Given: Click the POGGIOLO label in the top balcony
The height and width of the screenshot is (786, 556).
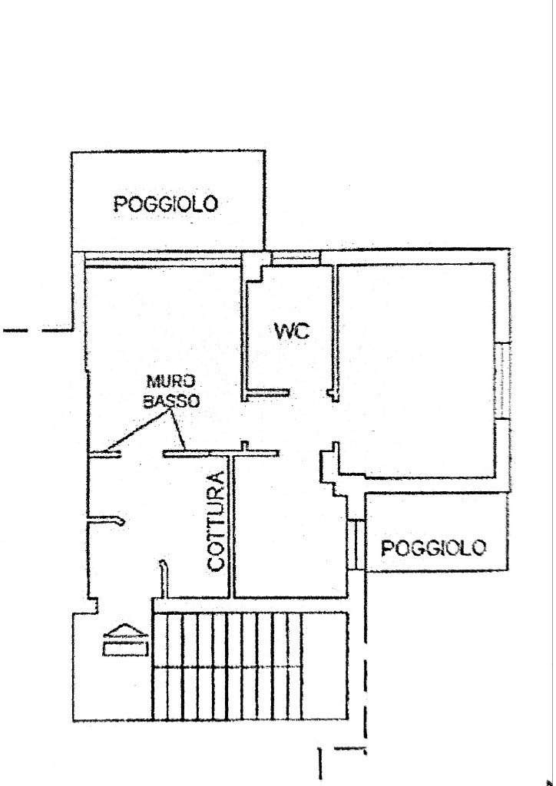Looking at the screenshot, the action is [x=166, y=203].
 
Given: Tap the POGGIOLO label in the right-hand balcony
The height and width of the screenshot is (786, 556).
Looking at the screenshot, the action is [x=434, y=548].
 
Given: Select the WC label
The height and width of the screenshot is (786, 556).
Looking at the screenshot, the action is [x=293, y=332].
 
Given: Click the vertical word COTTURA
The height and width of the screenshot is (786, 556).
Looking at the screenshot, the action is [x=216, y=520].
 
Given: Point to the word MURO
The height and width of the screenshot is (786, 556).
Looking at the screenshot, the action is [x=170, y=382].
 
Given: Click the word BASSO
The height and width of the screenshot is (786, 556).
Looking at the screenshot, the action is [x=172, y=401].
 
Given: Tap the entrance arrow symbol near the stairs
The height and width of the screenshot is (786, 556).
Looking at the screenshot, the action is [x=125, y=639].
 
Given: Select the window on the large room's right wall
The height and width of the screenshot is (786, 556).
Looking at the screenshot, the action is [x=503, y=381].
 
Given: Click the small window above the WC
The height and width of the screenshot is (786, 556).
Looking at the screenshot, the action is [x=296, y=258].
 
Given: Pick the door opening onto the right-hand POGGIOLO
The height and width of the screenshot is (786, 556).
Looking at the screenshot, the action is [x=356, y=545].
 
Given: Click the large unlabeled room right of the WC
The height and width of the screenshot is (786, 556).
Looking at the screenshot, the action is [x=417, y=369].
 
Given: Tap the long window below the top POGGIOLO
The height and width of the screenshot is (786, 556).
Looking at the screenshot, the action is [x=164, y=259].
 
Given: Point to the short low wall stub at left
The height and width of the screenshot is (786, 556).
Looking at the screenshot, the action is [x=104, y=454].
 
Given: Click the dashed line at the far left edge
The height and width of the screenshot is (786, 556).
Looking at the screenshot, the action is [x=38, y=330].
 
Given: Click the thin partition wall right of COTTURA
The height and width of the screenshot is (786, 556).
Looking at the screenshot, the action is [x=231, y=527].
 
